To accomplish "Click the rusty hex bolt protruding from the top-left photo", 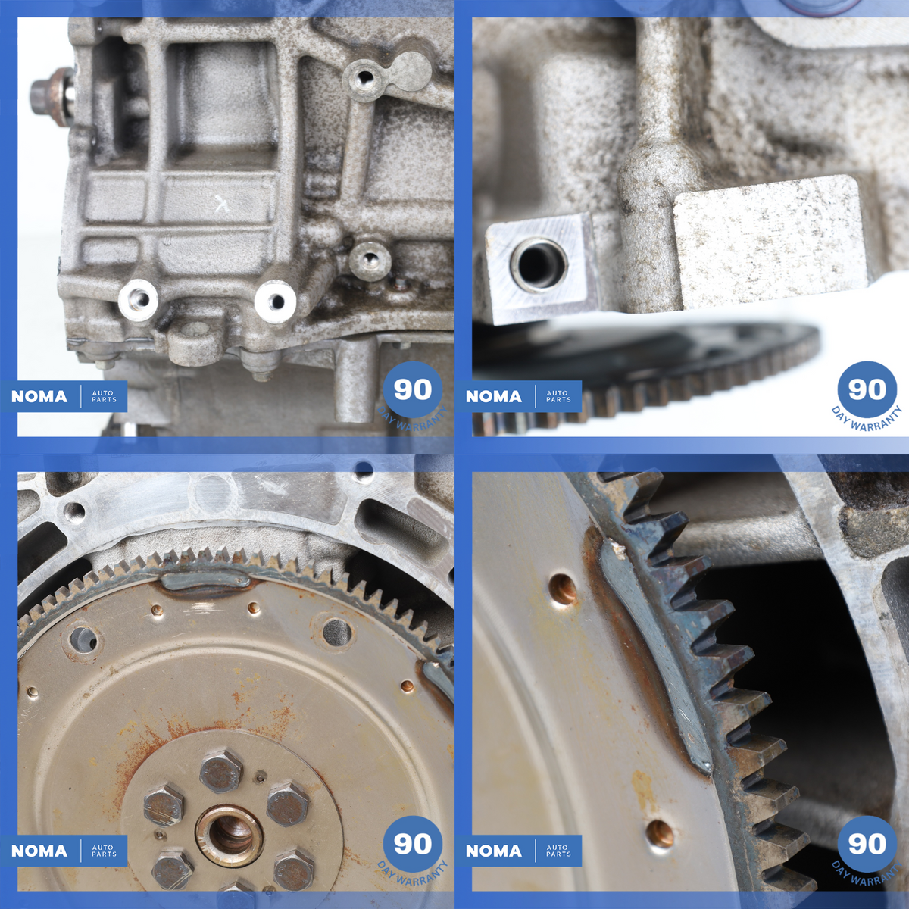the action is [52, 97].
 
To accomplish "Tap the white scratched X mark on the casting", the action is [220, 204].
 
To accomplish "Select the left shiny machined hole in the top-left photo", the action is [138, 299].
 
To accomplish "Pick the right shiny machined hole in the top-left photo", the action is [275, 302].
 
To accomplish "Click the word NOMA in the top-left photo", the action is [39, 396].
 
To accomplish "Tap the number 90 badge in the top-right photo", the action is [867, 390].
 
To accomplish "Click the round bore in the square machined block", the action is [540, 264].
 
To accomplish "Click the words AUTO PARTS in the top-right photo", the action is [558, 396].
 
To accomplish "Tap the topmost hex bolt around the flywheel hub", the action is [220, 772].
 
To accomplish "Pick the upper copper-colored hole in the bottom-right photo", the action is [563, 589].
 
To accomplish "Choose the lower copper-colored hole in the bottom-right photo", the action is [660, 834].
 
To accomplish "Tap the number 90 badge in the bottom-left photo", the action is [413, 844].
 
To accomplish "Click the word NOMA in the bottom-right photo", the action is [493, 851].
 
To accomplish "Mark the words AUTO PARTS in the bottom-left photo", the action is [104, 851].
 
